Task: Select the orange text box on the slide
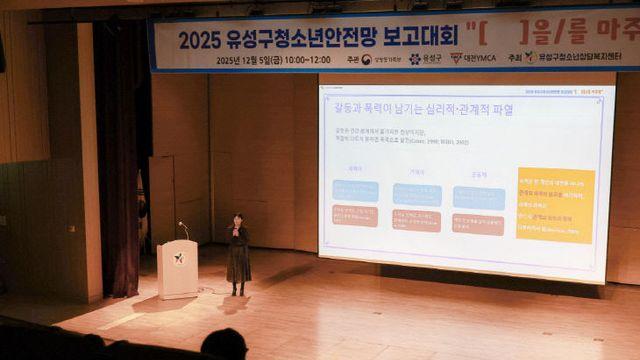coord(555,205)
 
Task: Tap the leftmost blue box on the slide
coord(355,191)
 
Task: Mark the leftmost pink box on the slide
coord(355,216)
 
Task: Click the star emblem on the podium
coord(179,259)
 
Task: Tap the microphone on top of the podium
coord(183,229)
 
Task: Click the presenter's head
coord(237,220)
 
